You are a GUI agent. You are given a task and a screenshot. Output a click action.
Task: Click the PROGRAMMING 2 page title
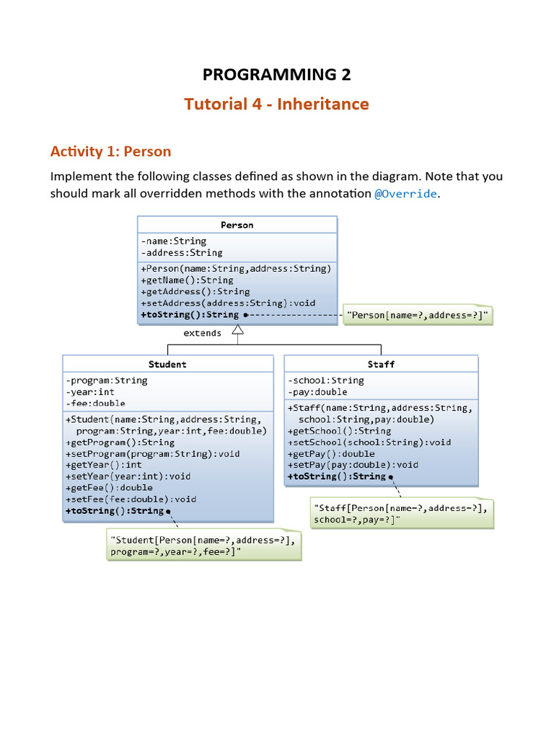click(x=276, y=74)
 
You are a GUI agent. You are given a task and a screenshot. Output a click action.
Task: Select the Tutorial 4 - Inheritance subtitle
click(x=276, y=104)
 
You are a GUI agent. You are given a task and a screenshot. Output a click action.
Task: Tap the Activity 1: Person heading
click(x=110, y=151)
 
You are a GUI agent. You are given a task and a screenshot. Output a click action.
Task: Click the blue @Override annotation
click(x=405, y=194)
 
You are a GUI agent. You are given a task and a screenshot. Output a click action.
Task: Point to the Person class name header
click(x=237, y=225)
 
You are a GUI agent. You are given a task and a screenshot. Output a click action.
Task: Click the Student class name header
click(x=167, y=364)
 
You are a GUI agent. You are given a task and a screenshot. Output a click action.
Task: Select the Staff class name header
click(x=381, y=364)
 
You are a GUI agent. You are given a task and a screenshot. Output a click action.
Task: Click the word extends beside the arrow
click(x=202, y=333)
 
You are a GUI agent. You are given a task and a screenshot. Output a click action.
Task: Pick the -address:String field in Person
click(x=182, y=253)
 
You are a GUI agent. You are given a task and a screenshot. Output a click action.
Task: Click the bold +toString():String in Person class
click(x=190, y=315)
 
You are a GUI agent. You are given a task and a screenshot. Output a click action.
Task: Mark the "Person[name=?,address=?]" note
click(x=418, y=315)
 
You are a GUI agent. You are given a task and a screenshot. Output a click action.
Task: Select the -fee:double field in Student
click(x=95, y=403)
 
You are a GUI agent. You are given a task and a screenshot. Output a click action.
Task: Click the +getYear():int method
click(x=104, y=465)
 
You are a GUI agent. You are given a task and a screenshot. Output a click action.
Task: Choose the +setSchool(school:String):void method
click(x=369, y=442)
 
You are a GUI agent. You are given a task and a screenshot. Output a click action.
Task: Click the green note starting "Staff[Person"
click(x=401, y=513)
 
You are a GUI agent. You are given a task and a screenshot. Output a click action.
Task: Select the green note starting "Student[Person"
click(x=203, y=546)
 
